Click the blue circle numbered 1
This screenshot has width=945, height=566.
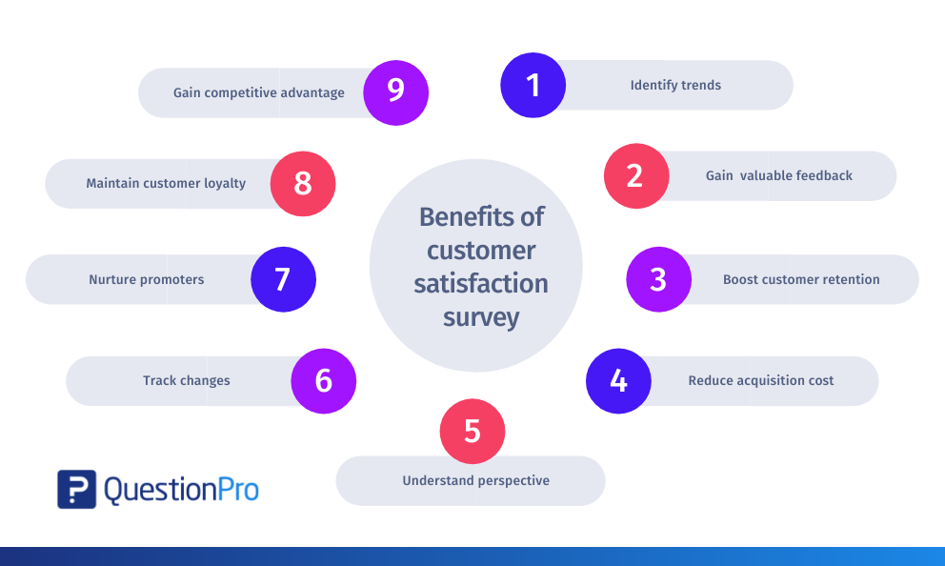click(533, 85)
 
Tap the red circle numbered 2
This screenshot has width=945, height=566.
click(636, 176)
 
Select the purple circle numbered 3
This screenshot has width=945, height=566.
click(658, 279)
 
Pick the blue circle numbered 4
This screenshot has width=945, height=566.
click(618, 381)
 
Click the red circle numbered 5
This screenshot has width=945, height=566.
click(472, 431)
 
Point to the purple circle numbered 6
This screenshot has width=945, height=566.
click(324, 381)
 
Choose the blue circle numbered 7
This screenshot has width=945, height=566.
click(283, 279)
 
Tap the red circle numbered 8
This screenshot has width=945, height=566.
click(303, 184)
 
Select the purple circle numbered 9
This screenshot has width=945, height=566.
click(396, 92)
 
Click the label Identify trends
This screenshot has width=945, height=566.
click(675, 85)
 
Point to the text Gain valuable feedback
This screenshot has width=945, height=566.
click(778, 175)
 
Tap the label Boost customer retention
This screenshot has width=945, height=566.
click(801, 279)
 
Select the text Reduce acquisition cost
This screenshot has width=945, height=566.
click(760, 380)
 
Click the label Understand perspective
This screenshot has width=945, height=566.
click(476, 480)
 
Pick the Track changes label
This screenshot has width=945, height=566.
click(186, 381)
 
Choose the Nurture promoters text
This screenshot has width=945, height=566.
click(147, 280)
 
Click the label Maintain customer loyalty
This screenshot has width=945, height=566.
click(166, 183)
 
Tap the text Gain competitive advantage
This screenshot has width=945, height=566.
click(259, 92)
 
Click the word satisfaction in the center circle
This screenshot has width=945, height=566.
click(481, 283)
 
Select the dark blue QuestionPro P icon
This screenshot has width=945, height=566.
click(76, 490)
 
